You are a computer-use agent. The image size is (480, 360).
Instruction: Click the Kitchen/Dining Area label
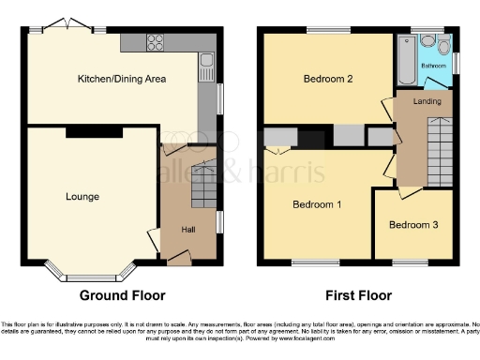pos(121,80)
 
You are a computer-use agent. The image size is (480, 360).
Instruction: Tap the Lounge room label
pos(82,197)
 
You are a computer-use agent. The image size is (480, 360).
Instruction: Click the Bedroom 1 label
pos(317,204)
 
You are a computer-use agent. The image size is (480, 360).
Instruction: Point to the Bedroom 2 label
pos(327,80)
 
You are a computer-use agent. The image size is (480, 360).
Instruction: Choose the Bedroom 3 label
pos(412,225)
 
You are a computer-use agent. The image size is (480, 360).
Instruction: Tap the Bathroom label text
pos(433,67)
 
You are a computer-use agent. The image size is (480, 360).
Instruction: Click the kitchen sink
pos(206,64)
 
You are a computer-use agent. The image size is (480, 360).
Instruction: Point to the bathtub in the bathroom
pos(407,61)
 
